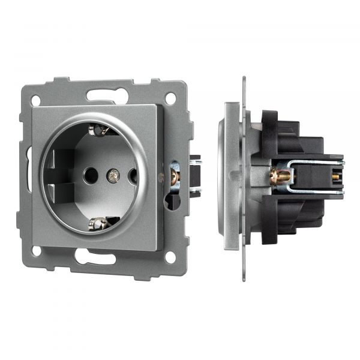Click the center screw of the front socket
[x=111, y=176]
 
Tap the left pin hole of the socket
[x=90, y=176]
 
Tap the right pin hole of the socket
[x=133, y=176]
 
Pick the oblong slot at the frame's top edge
[x=104, y=95]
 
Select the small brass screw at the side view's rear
[x=334, y=176]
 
